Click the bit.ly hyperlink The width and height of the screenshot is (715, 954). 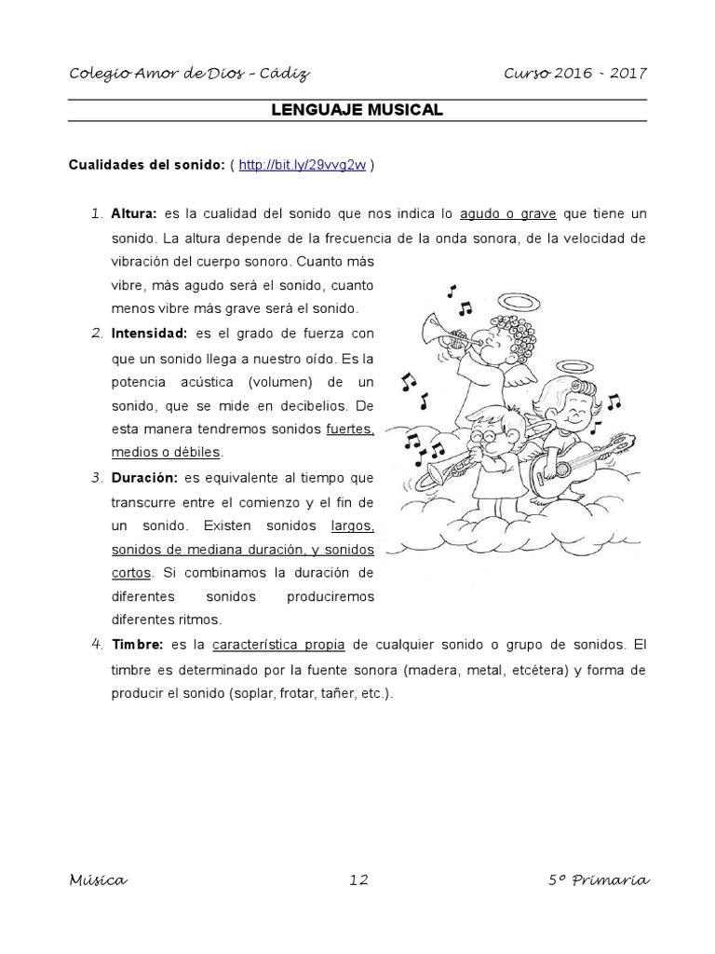[302, 166]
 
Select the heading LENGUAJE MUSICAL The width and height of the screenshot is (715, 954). [357, 110]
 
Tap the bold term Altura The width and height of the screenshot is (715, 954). [134, 214]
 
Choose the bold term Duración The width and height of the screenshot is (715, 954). [143, 477]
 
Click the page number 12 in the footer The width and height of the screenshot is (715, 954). [359, 880]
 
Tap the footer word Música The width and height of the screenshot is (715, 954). [98, 880]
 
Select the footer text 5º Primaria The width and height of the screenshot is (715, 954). [599, 880]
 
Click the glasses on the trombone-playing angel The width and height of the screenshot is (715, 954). [485, 429]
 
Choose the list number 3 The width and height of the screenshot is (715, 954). [96, 477]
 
